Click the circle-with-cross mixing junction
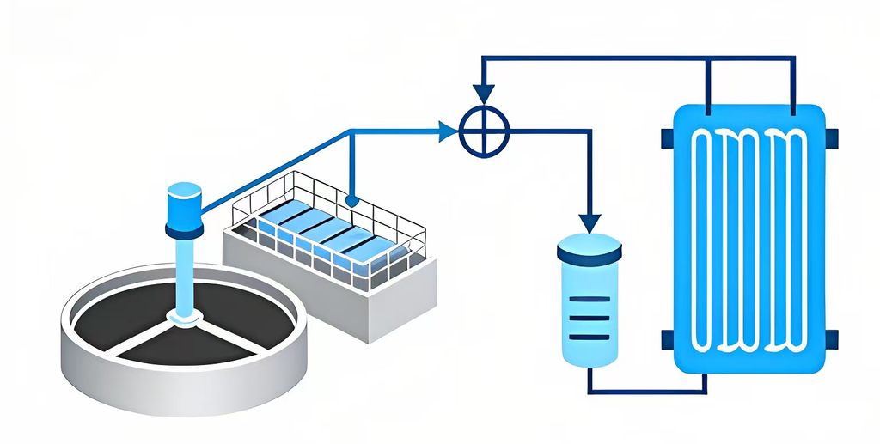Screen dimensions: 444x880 484,132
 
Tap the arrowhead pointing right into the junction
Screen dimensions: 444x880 448,131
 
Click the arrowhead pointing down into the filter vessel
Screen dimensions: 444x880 589,222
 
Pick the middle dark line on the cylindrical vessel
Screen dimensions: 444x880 589,316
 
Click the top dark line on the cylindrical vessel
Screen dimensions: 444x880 589,299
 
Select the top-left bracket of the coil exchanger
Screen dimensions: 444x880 667,137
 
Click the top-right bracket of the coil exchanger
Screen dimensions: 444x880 832,137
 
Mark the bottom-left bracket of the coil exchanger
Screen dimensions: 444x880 667,340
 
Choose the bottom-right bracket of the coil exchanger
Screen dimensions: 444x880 832,340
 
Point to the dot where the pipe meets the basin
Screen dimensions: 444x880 351,200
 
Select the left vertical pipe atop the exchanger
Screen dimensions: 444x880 707,82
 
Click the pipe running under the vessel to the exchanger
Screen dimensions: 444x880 645,392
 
